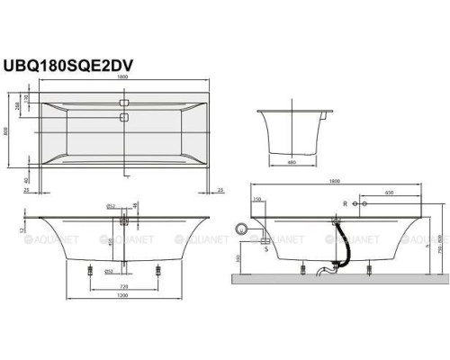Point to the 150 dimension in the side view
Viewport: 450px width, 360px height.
coord(256,199)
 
